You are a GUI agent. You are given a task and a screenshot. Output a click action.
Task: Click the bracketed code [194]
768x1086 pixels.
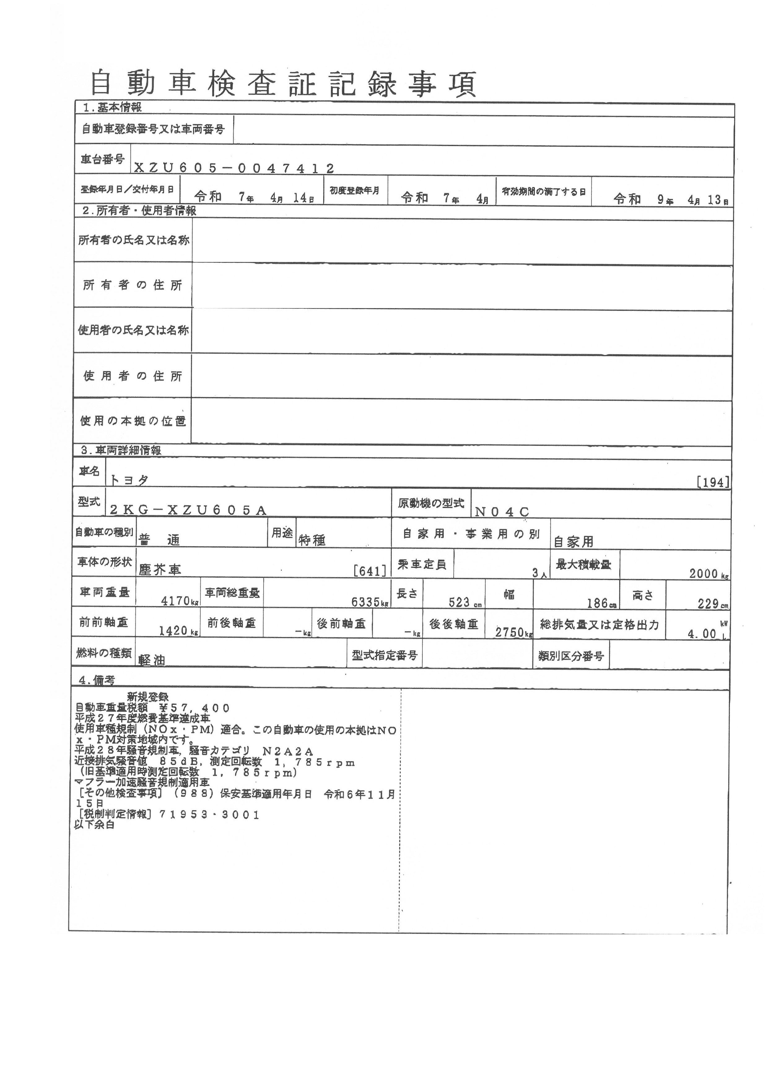point(713,482)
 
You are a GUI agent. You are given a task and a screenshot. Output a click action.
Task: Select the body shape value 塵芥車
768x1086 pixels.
point(160,569)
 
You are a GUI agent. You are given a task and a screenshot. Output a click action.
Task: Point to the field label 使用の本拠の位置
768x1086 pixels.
point(133,421)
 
